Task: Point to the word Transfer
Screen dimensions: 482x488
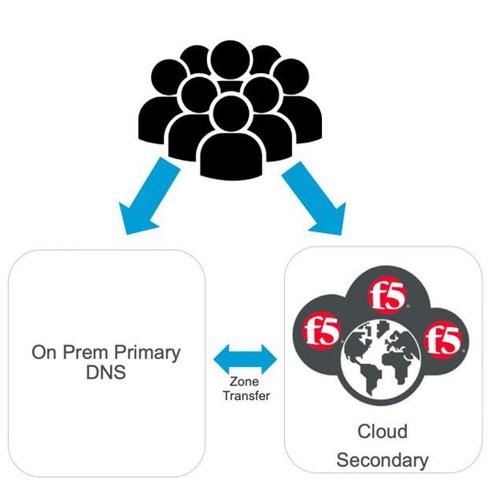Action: pyautogui.click(x=243, y=395)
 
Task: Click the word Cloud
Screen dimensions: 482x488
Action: pyautogui.click(x=382, y=432)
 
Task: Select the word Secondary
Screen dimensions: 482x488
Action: pyautogui.click(x=382, y=460)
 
